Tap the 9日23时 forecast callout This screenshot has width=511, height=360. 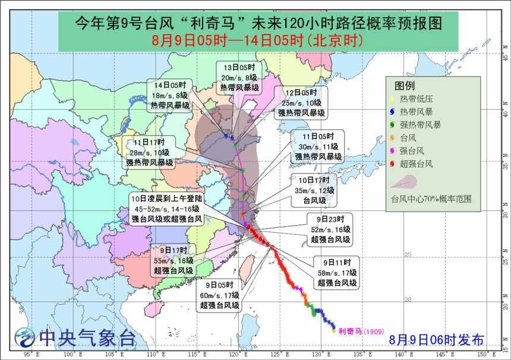pyautogui.click(x=330, y=229)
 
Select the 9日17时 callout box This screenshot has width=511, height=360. pyautogui.click(x=173, y=260)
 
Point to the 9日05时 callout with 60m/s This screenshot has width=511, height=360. pyautogui.click(x=219, y=295)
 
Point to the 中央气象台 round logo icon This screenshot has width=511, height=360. pyautogui.click(x=25, y=337)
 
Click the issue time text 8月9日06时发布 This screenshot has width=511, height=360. pyautogui.click(x=437, y=339)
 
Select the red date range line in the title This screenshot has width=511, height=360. pyautogui.click(x=256, y=40)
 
